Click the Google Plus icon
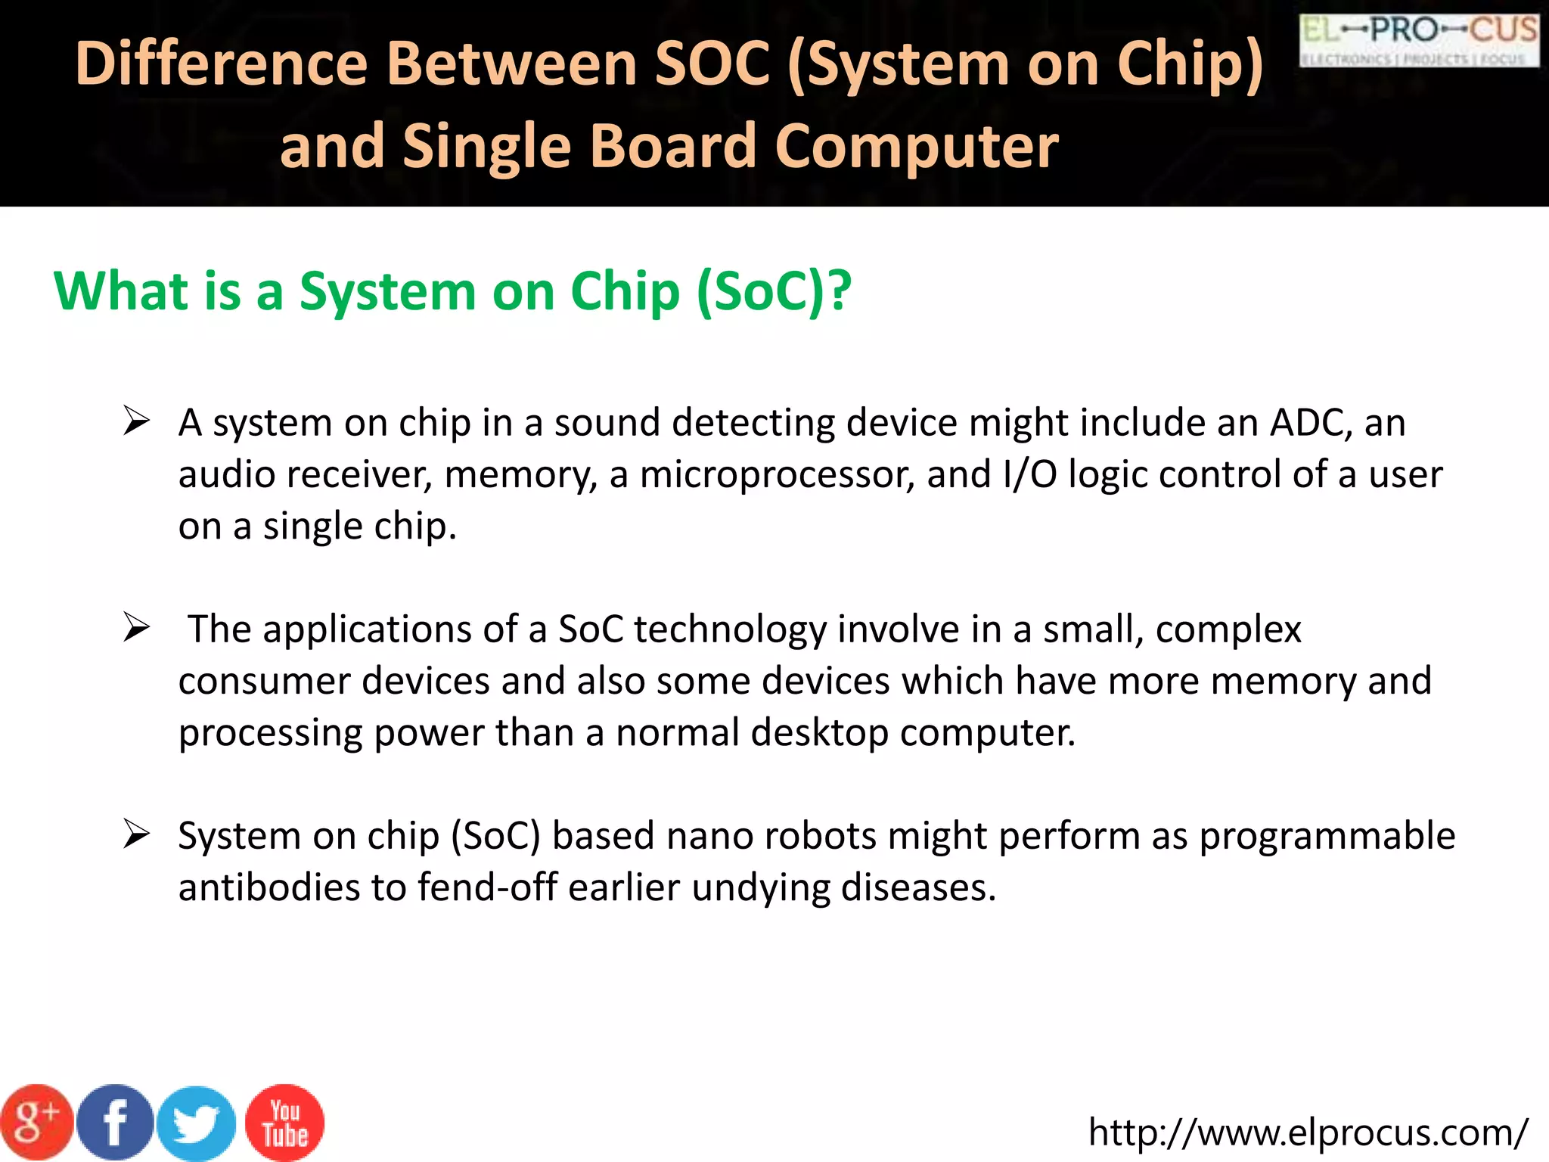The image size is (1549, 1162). (x=36, y=1123)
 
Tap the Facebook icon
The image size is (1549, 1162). (x=116, y=1123)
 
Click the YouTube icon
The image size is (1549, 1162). (x=285, y=1123)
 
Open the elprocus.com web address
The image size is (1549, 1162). (x=1308, y=1132)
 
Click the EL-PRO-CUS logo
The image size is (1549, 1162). (x=1419, y=39)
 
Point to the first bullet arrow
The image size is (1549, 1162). (x=137, y=421)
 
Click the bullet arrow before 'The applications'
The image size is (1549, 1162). (x=137, y=628)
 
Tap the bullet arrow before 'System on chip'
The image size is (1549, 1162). (x=137, y=834)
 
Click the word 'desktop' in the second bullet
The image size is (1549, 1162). (x=819, y=732)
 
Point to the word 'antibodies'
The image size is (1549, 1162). (x=269, y=887)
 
